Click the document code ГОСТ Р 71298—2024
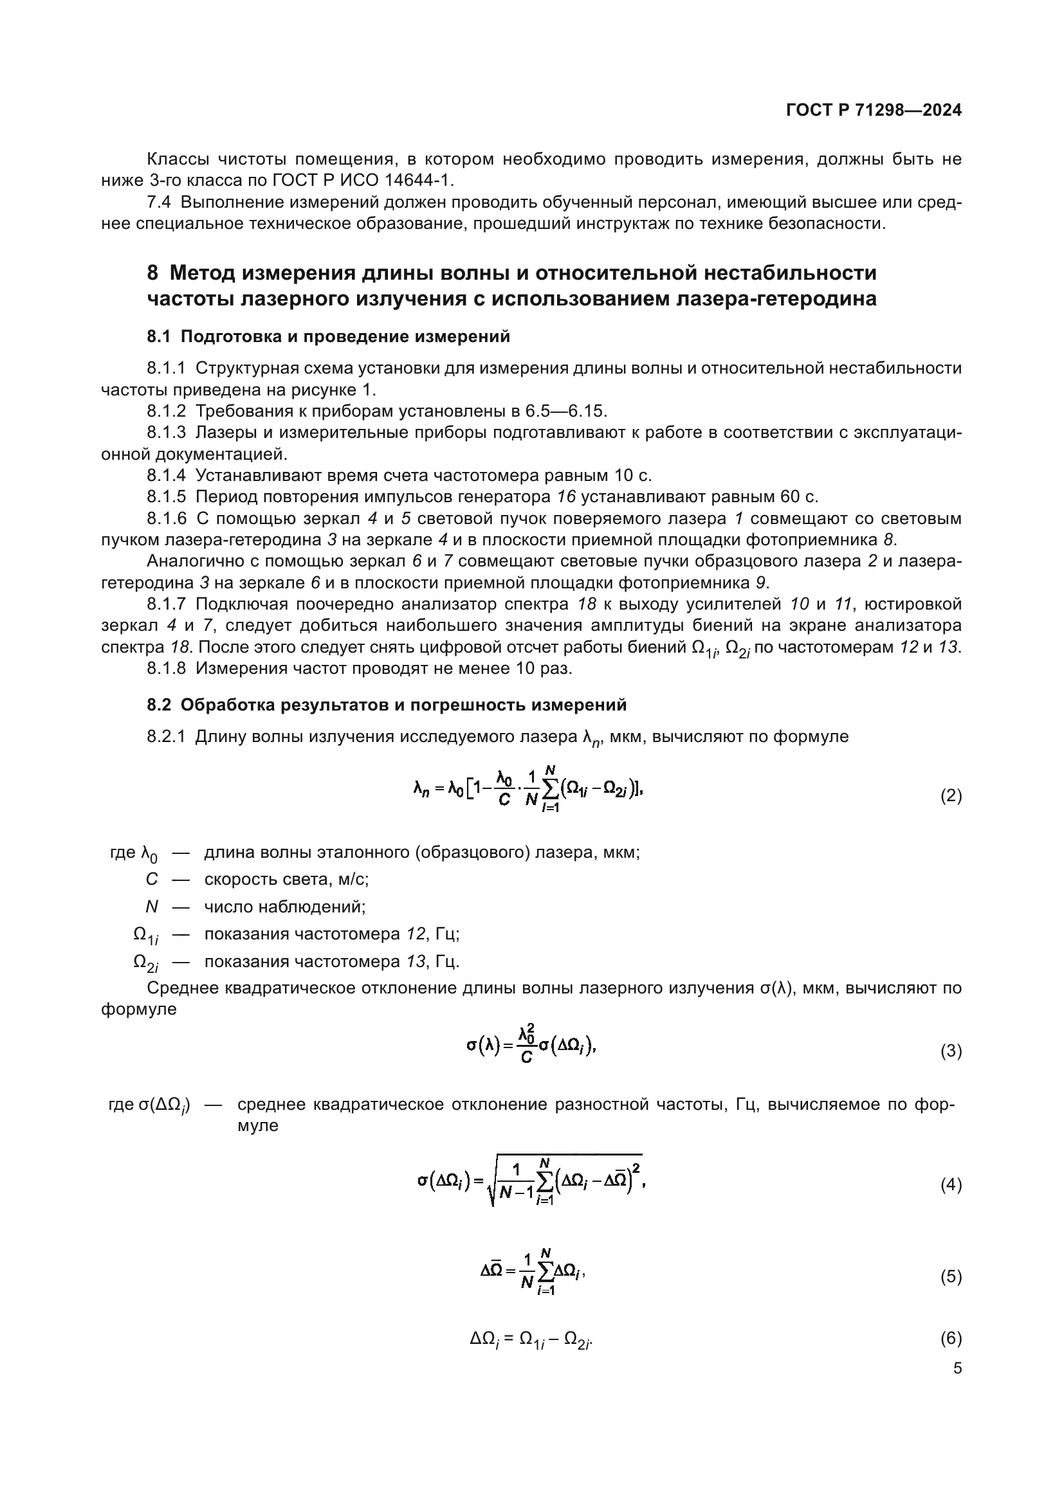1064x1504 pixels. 874,110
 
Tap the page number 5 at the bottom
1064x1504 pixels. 957,1368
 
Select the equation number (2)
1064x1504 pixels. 951,796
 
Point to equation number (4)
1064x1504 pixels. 951,1184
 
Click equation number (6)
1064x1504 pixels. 951,1337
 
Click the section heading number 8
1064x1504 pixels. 152,273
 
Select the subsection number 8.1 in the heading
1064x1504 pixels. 158,337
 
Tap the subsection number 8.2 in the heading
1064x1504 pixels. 158,705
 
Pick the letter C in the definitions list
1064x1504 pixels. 151,879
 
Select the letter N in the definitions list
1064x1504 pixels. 151,907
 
